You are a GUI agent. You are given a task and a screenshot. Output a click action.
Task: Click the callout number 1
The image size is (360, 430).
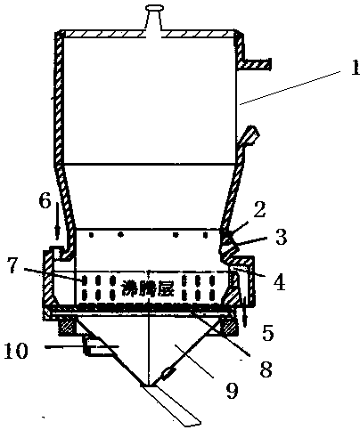(x=356, y=67)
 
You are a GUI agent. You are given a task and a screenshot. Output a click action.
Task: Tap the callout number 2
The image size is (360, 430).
(x=258, y=210)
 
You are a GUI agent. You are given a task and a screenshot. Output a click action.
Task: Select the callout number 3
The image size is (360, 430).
(x=281, y=237)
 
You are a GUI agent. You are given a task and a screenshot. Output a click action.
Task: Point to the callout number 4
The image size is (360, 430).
(x=280, y=282)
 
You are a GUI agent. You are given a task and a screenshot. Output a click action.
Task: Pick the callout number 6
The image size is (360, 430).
(x=45, y=201)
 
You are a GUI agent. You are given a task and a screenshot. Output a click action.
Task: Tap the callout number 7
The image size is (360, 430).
(x=12, y=265)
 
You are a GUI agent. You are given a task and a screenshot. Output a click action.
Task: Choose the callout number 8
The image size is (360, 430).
(x=266, y=369)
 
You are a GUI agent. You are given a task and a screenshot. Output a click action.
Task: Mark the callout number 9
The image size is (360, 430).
(x=232, y=390)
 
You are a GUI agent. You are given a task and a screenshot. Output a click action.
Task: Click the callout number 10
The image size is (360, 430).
(x=16, y=350)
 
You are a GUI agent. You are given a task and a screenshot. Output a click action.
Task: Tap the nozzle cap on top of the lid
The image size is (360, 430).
(x=154, y=8)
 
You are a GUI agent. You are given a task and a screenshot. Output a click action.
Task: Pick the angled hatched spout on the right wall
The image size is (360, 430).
(x=248, y=136)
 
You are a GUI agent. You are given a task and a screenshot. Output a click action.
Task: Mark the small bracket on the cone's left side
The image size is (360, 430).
(x=96, y=345)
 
